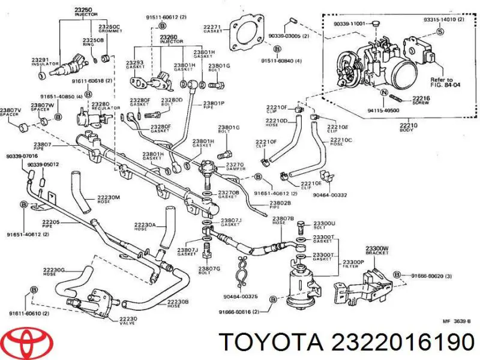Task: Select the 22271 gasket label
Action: tap(212, 29)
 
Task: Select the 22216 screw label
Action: tap(421, 99)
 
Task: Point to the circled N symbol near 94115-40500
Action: tap(382, 91)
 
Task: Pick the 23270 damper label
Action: tap(234, 167)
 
